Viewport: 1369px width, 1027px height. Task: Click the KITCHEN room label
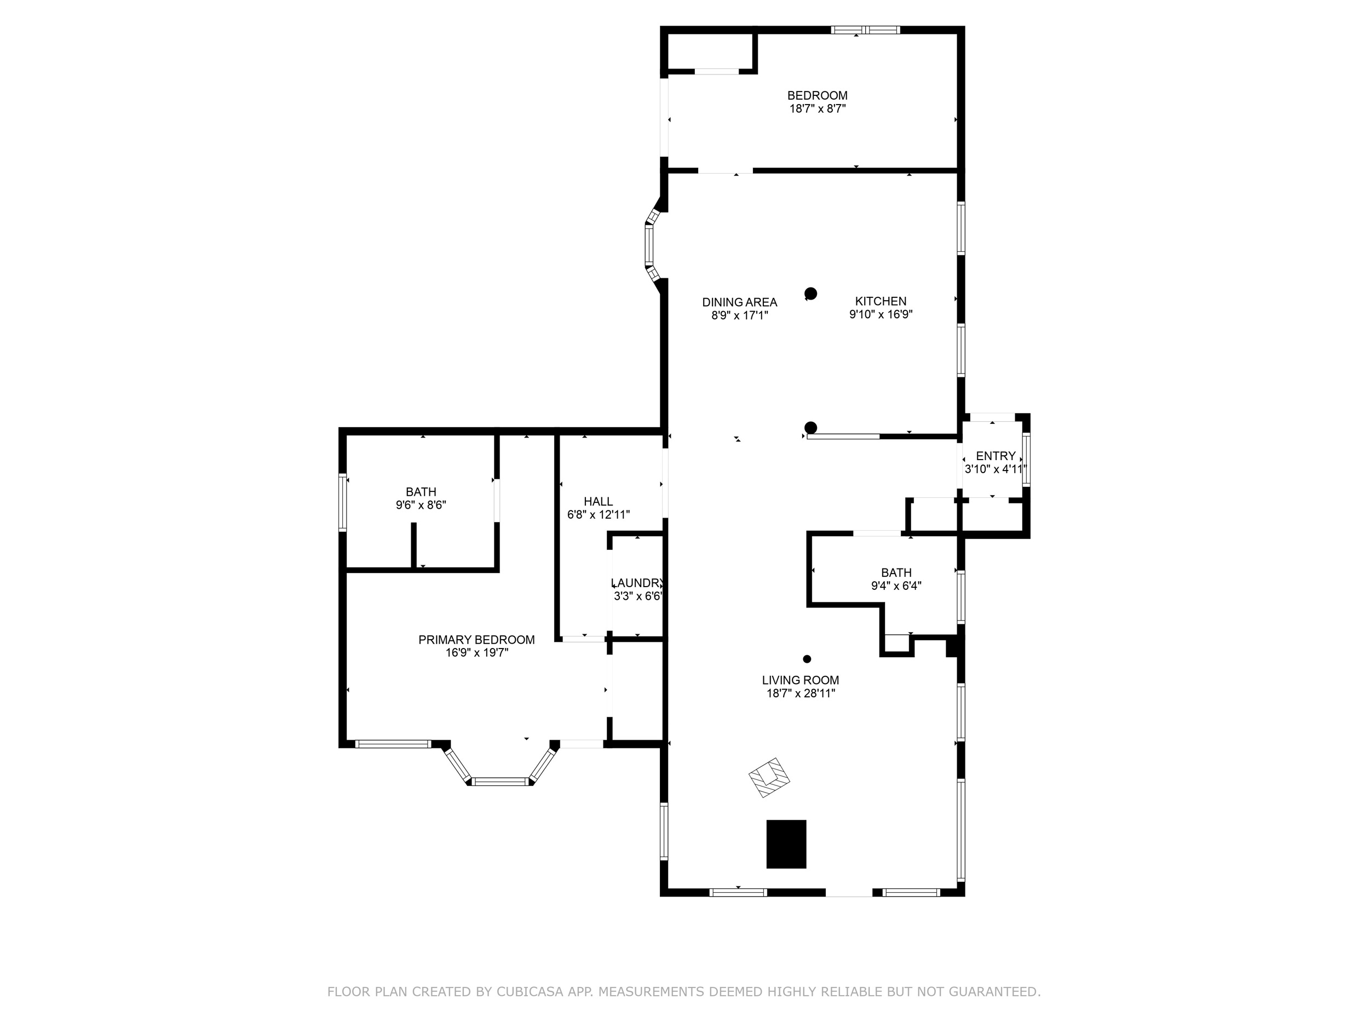(880, 301)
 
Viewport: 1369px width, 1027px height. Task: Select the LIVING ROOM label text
(800, 680)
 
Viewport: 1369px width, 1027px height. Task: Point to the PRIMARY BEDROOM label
(476, 640)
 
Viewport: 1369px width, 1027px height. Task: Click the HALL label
(598, 501)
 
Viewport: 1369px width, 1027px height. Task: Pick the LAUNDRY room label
(637, 583)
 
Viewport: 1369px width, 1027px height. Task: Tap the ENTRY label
(995, 456)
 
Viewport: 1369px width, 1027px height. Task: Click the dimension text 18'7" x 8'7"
(817, 109)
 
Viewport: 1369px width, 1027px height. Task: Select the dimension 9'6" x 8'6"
(421, 505)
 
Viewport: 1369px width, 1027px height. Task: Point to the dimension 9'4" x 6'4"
(895, 586)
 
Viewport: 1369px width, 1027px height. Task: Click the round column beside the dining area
(811, 294)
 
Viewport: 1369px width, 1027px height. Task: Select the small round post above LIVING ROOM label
(807, 659)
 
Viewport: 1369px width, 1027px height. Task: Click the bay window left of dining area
(649, 245)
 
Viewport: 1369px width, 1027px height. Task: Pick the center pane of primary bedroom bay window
(500, 782)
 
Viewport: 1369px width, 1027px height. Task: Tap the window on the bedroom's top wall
(865, 30)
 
